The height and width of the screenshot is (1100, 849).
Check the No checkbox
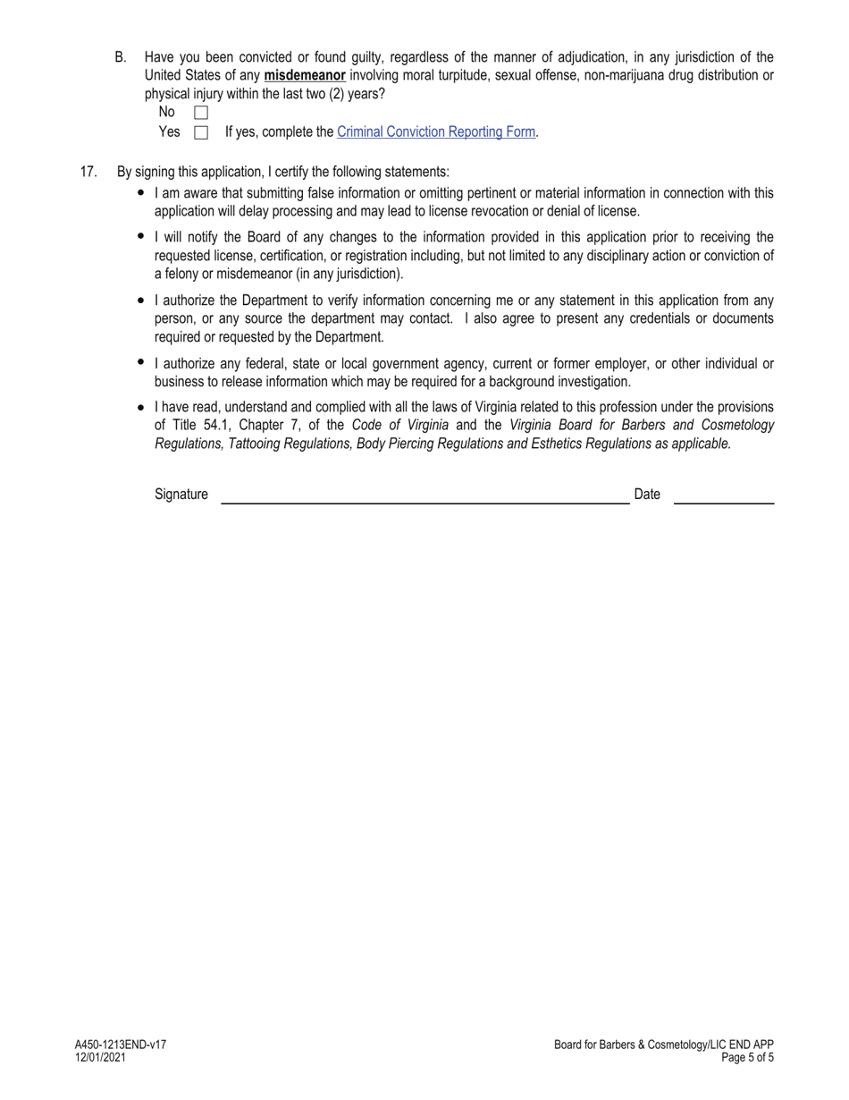click(x=201, y=113)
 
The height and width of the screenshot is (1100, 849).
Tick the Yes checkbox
click(x=201, y=132)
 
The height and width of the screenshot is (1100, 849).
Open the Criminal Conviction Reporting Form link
click(x=436, y=132)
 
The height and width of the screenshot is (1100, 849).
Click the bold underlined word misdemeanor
click(x=305, y=76)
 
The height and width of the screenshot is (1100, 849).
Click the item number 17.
click(x=88, y=172)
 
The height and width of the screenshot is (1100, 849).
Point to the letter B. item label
click(x=121, y=57)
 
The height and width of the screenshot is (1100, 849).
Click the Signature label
click(x=181, y=495)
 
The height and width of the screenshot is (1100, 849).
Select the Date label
click(x=647, y=495)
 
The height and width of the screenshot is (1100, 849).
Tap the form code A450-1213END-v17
click(x=121, y=1045)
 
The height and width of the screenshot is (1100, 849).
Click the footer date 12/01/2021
click(x=100, y=1057)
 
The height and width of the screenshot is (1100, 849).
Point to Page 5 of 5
click(x=747, y=1057)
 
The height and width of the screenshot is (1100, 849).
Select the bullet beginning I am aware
click(x=141, y=192)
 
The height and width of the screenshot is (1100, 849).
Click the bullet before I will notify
click(x=141, y=236)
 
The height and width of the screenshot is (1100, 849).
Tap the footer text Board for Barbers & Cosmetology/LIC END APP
click(x=663, y=1045)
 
